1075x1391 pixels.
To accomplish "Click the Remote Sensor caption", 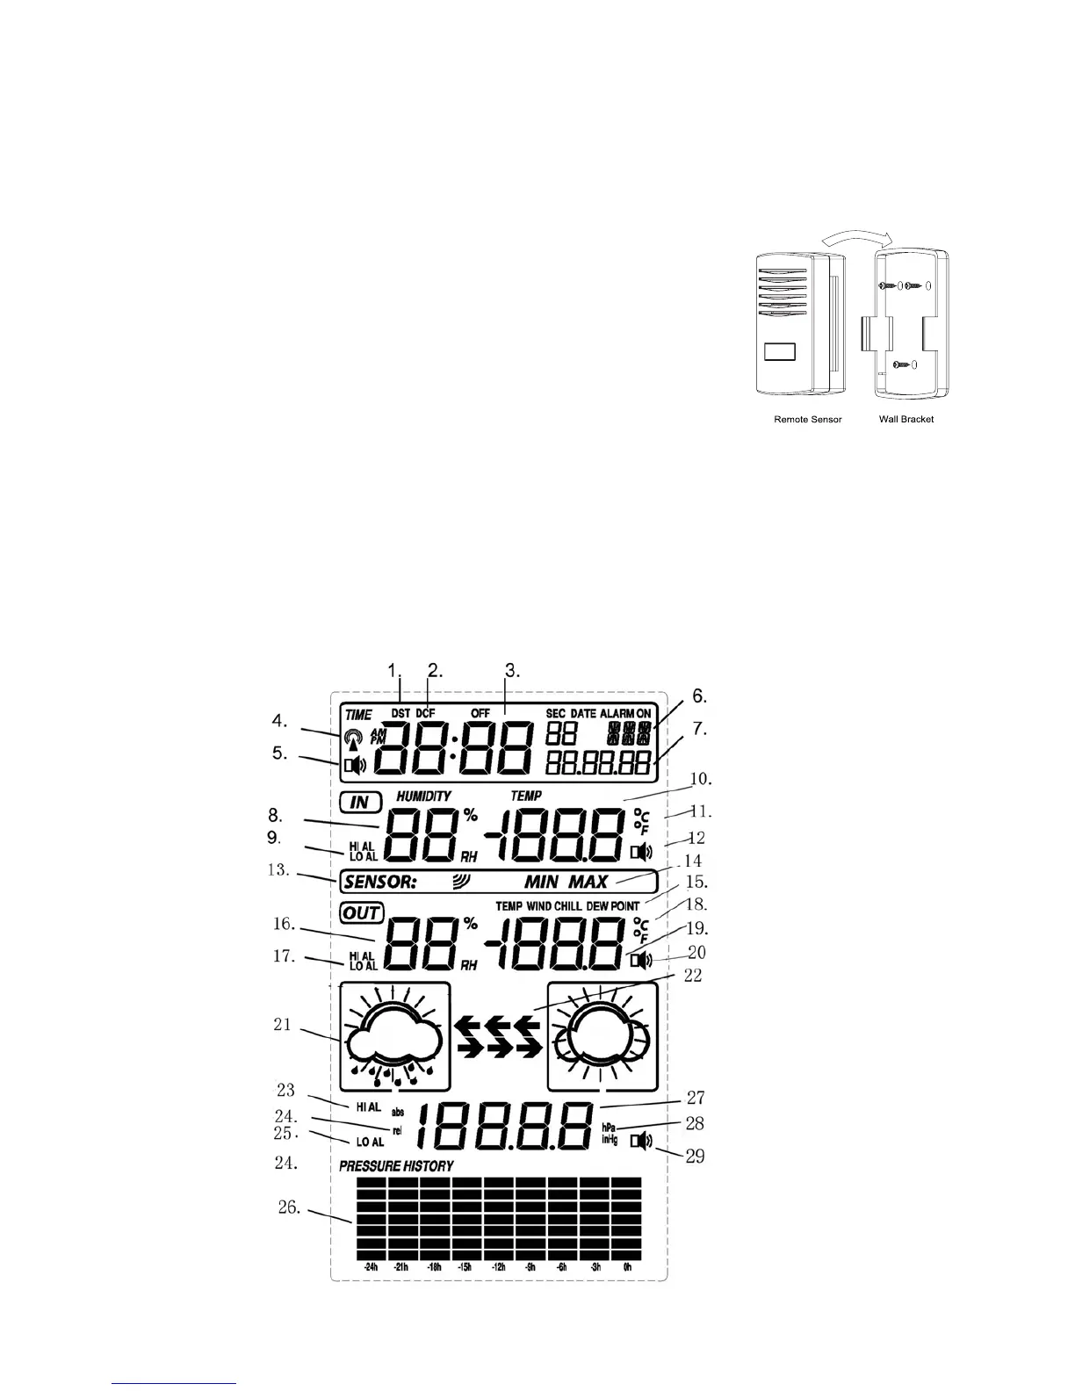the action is tap(807, 419).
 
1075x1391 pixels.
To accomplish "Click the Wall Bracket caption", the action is tap(906, 419).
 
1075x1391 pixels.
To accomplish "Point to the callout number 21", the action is tap(282, 1024).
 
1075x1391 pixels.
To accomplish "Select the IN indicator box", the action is tap(360, 802).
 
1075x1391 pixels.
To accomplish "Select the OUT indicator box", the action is tap(362, 912).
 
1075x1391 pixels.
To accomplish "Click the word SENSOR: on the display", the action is tap(379, 882).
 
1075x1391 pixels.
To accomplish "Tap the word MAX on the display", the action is tap(588, 882).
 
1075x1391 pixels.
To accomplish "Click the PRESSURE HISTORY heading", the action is tap(396, 1166).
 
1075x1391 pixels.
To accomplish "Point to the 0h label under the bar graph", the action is tap(627, 1267).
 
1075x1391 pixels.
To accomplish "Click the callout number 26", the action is tap(286, 1207).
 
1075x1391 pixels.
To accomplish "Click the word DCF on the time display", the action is tap(425, 714).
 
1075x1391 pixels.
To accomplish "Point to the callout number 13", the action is tap(282, 870).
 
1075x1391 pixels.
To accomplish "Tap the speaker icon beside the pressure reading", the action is tap(643, 1142).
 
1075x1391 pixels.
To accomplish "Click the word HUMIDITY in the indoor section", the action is tap(423, 796).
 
